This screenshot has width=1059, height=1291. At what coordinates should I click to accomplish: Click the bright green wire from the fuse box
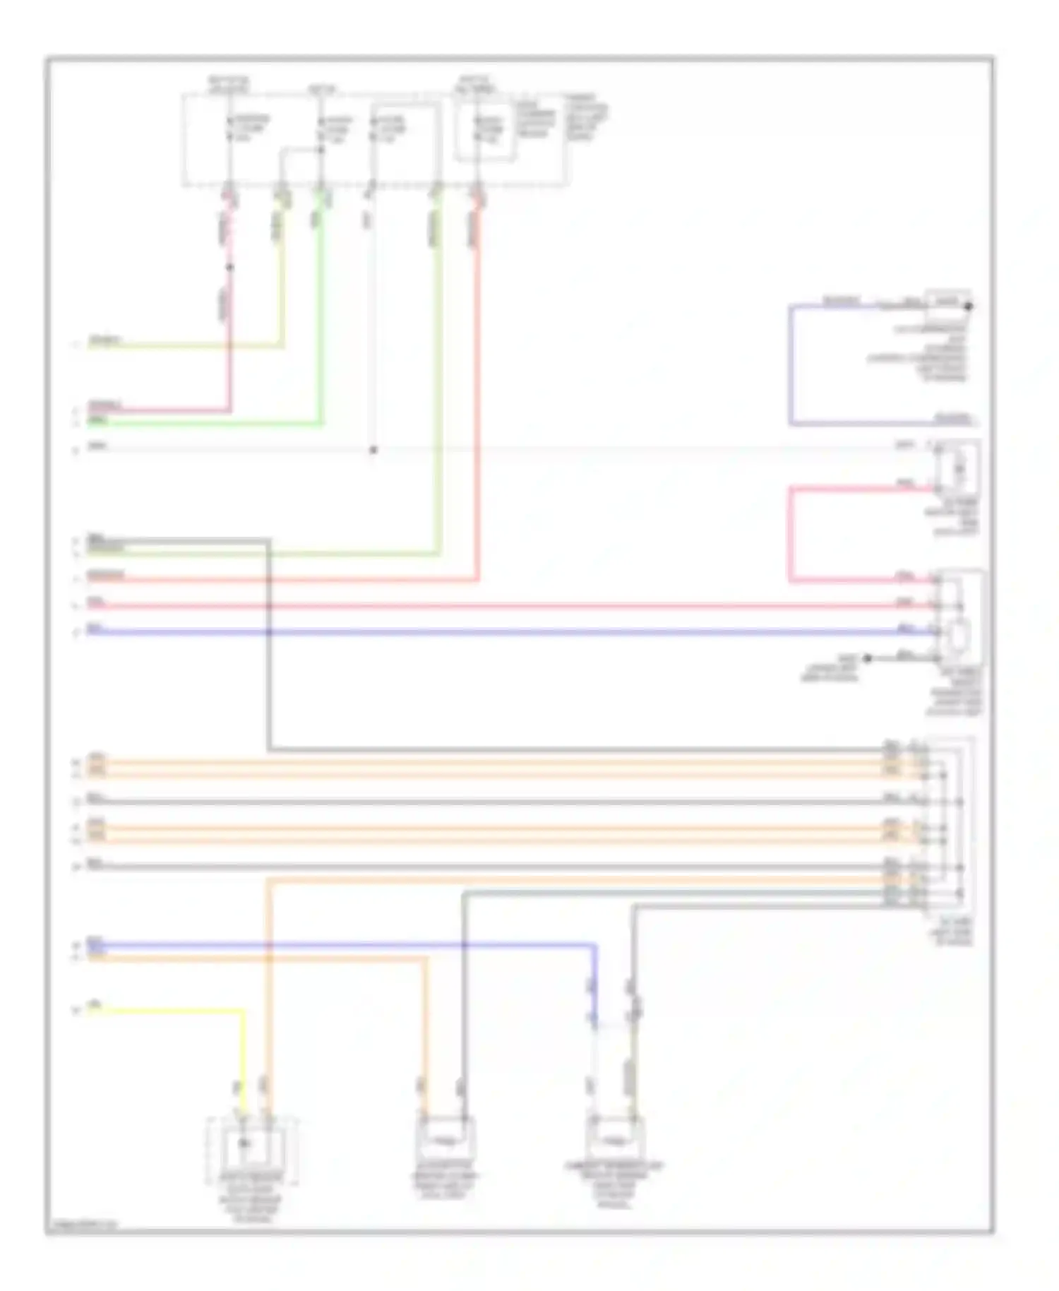[x=322, y=318]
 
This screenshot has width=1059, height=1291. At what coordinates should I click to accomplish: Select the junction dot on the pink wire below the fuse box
[x=229, y=268]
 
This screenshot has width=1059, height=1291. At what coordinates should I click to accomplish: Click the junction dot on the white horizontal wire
[x=373, y=450]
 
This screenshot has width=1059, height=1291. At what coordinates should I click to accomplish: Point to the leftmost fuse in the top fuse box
[x=229, y=129]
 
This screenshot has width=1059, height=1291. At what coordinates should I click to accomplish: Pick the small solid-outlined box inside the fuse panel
[x=484, y=131]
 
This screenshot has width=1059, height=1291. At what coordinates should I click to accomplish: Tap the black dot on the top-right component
[x=969, y=307]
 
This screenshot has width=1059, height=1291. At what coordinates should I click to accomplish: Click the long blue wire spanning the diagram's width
[x=494, y=632]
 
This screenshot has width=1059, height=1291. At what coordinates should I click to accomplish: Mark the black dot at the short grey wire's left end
[x=868, y=658]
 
